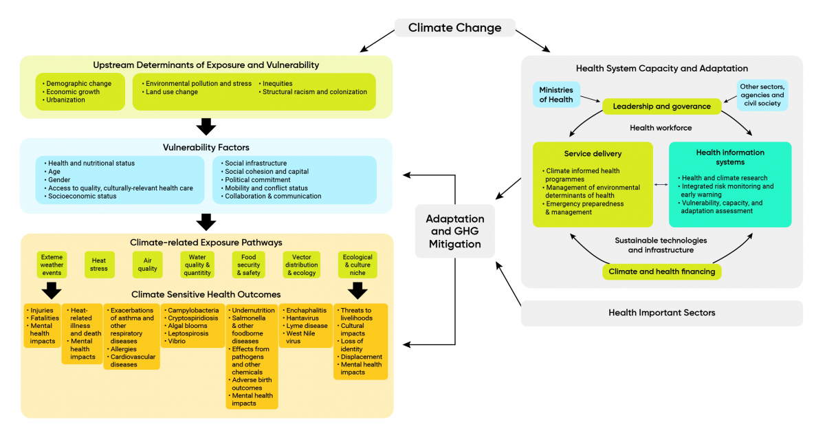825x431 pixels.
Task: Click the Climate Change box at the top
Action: [x=454, y=28]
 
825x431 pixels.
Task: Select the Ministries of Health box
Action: [x=556, y=95]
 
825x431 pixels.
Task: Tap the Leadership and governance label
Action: [x=661, y=107]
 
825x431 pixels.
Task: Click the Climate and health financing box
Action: [x=661, y=272]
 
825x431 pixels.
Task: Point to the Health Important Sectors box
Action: [x=661, y=313]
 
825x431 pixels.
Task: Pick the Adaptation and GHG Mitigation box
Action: [x=454, y=231]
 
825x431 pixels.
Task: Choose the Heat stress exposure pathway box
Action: [x=99, y=265]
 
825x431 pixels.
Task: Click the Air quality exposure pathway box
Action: [x=147, y=265]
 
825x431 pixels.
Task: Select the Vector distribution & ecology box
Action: [x=302, y=265]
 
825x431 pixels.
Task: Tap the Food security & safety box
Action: [x=248, y=265]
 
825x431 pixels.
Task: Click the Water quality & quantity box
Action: [x=197, y=265]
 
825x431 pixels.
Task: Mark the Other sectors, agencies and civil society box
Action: [x=762, y=96]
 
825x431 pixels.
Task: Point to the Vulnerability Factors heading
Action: [x=206, y=147]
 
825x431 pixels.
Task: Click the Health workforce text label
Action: [x=661, y=128]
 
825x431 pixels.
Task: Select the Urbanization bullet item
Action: [x=65, y=100]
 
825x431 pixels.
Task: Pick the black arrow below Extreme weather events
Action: [x=52, y=289]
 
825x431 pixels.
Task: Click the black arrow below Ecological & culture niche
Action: [x=357, y=290]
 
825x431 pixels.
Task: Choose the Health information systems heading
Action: [x=730, y=157]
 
